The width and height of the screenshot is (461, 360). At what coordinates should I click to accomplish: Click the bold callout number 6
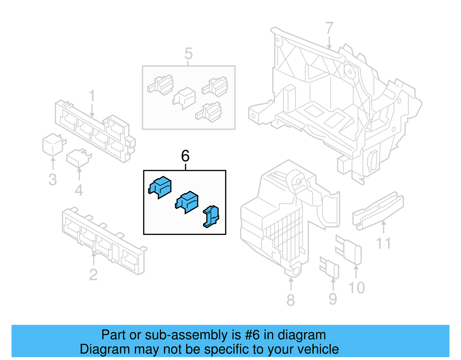pos(185,156)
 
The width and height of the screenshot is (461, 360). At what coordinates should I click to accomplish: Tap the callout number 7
pos(329,29)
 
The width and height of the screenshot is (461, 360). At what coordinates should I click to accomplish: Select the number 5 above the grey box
pos(188,54)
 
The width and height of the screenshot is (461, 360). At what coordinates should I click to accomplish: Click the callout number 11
pos(383,243)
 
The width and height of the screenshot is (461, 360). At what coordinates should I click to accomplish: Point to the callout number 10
pos(356,288)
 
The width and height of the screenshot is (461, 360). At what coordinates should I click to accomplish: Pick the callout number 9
pos(333,299)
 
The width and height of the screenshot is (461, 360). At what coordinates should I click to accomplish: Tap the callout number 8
pos(290,300)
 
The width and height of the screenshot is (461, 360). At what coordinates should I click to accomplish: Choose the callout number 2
pos(93,275)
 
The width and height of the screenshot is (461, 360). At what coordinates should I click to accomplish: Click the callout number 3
pos(52,180)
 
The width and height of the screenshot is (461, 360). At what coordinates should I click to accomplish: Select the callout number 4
pos(79,190)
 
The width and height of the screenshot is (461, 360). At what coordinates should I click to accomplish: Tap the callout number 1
pos(92,96)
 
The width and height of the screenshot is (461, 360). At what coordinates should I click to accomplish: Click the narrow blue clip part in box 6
pos(211,216)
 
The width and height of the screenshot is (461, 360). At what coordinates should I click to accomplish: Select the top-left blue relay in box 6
pos(160,187)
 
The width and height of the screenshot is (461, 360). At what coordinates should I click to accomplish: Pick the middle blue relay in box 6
pos(187,201)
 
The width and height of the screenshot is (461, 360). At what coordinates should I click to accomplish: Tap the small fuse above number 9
pos(330,267)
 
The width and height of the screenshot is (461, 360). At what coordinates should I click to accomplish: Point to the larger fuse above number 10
pos(349,250)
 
